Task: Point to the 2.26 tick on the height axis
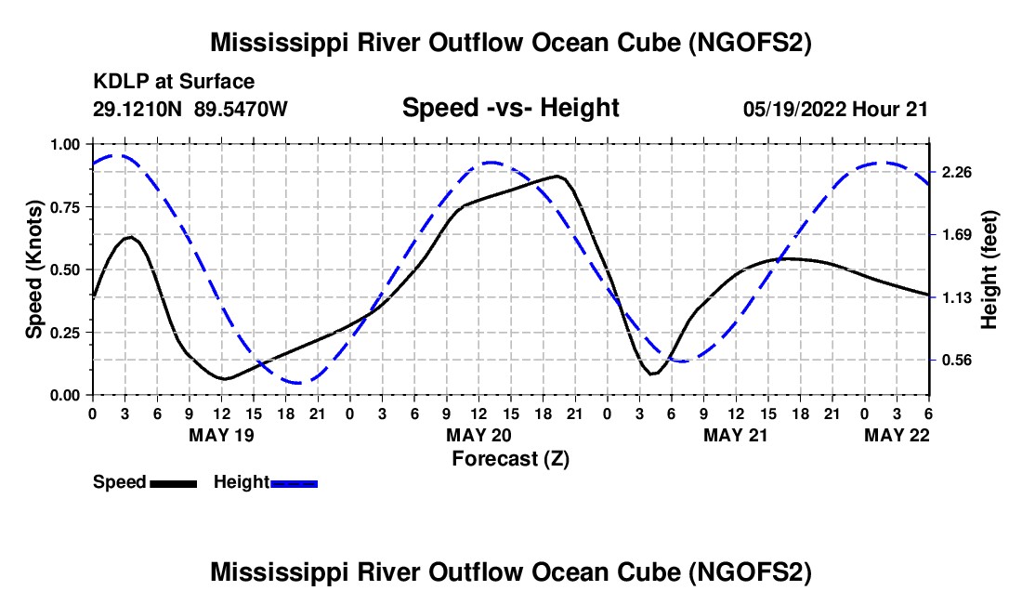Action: coord(956,173)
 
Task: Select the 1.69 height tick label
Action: coord(956,235)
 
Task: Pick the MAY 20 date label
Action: coord(478,435)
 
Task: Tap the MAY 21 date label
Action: coord(736,435)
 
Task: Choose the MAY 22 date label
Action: coord(898,435)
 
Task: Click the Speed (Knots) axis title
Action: coord(34,269)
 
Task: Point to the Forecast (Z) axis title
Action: coord(510,458)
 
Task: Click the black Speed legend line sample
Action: coord(173,483)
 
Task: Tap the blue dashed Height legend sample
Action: coord(294,483)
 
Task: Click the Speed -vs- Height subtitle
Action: coord(510,108)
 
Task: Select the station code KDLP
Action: coord(117,83)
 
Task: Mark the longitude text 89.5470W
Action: coord(242,109)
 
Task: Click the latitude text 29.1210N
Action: coord(138,109)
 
